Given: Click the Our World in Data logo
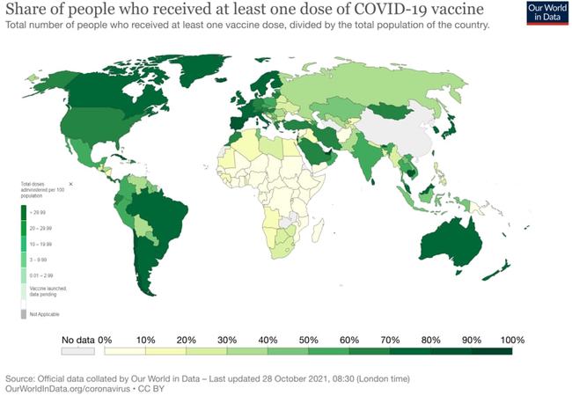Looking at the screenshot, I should coord(546,14).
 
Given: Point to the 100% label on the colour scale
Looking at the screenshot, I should coord(511,340).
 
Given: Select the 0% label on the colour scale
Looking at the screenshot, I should coord(105,340).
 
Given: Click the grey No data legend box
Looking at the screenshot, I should coord(77,351).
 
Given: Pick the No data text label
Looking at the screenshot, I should coord(77,340).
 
